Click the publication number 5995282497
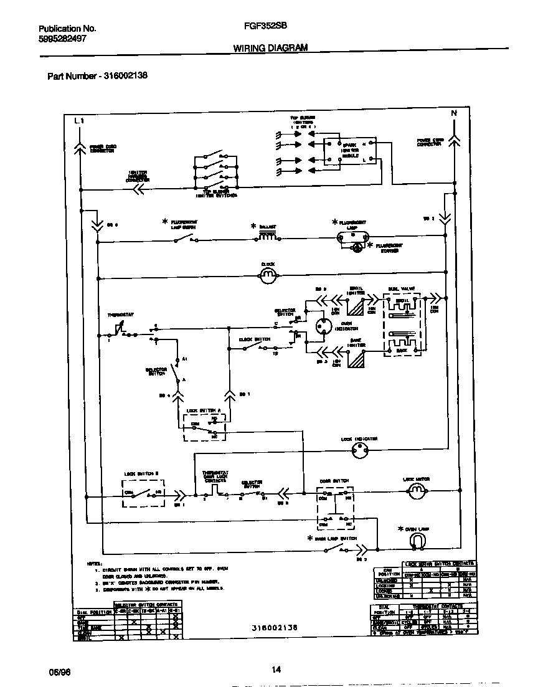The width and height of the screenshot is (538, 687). [x=62, y=38]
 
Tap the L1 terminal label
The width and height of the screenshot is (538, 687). [x=78, y=120]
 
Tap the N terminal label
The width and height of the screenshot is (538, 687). [x=454, y=113]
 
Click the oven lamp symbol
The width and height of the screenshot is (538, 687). [x=417, y=542]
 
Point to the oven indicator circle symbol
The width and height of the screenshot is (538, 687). [x=323, y=327]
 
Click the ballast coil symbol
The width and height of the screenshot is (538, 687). [x=268, y=237]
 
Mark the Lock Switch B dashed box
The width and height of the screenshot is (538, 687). [x=144, y=495]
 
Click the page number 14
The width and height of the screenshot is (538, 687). [x=276, y=670]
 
